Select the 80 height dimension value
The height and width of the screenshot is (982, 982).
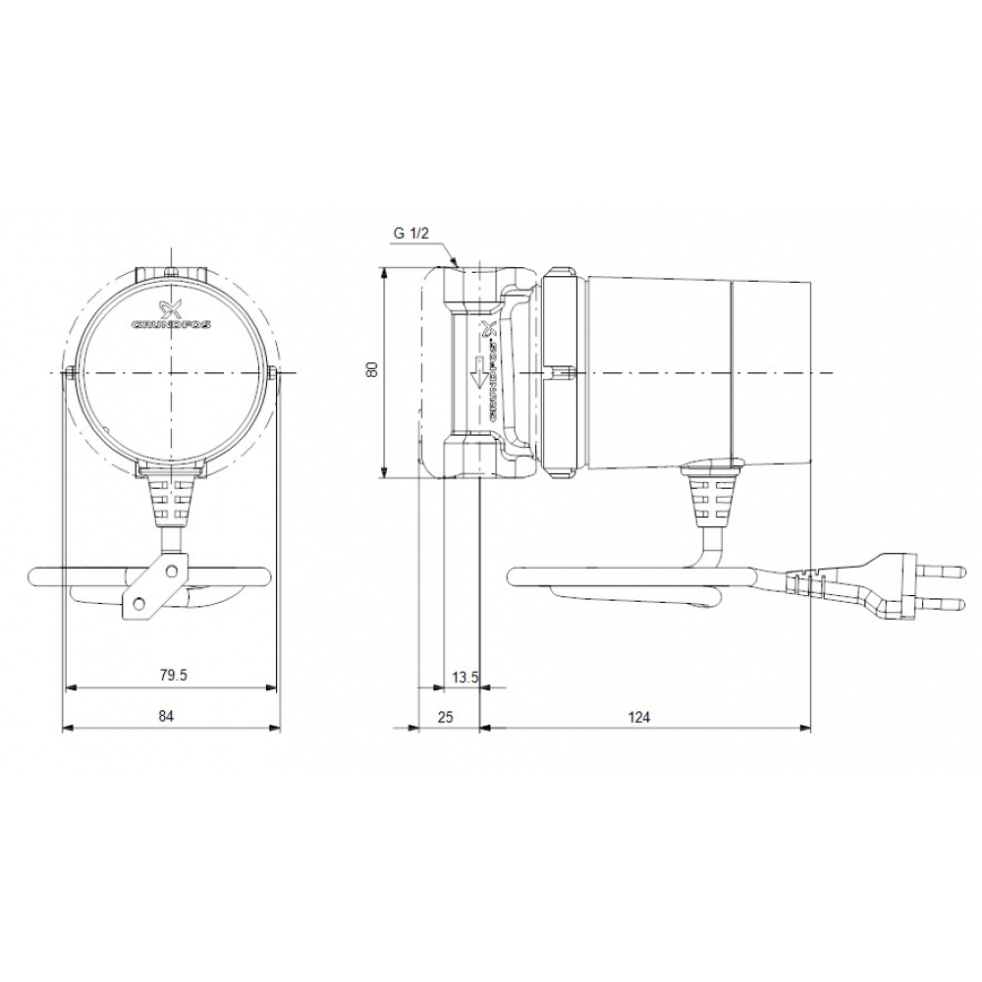click(371, 369)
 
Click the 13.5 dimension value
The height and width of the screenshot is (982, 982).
click(464, 677)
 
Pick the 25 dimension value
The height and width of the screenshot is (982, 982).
click(445, 717)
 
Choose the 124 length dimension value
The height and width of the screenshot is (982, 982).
click(639, 717)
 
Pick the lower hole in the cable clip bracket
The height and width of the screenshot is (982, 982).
click(138, 602)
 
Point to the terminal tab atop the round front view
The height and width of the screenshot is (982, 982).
click(170, 273)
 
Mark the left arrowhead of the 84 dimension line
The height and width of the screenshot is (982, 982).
click(67, 728)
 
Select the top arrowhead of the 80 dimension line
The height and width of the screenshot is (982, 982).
click(384, 272)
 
